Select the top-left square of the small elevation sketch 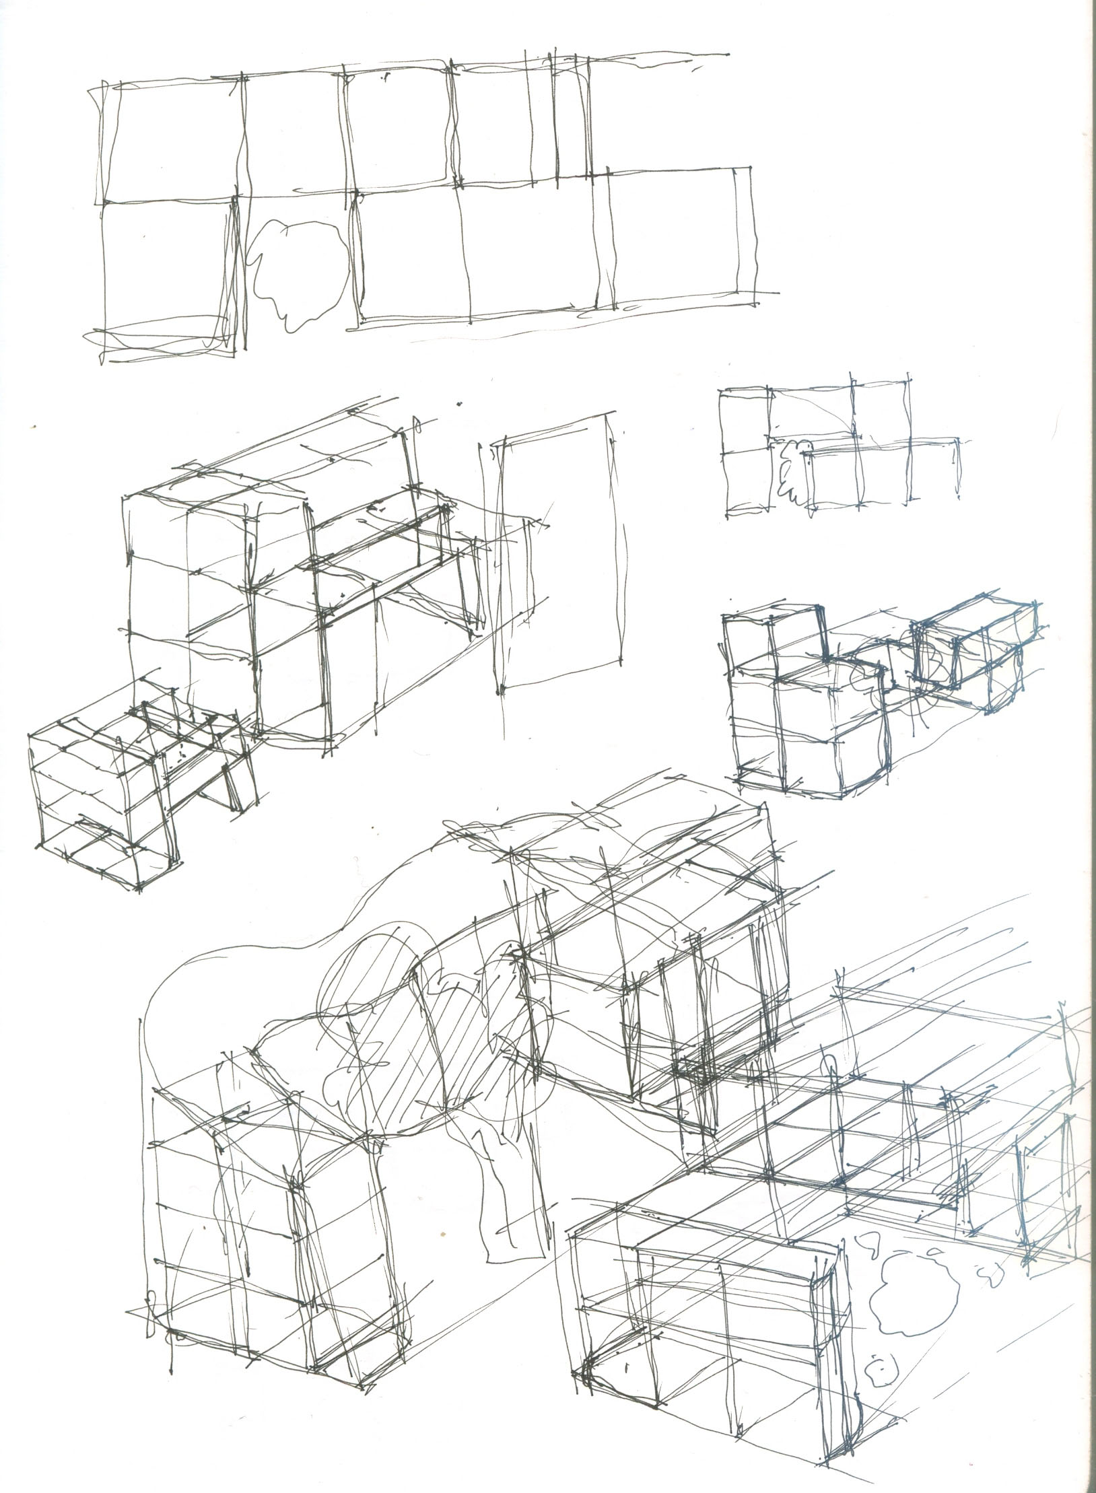click(745, 421)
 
